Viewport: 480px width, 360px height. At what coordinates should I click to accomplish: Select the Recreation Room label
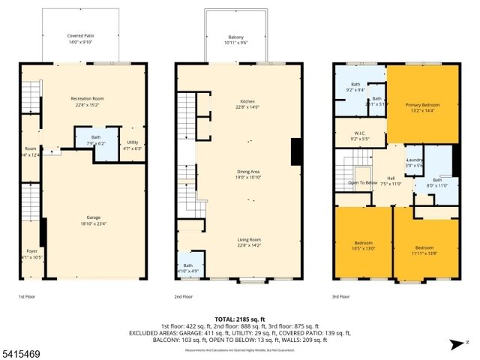point(86,98)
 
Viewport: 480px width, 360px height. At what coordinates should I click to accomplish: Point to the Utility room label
point(132,141)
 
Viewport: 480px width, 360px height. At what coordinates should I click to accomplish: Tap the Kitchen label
point(247,101)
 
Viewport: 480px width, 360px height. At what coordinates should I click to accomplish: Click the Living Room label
point(247,240)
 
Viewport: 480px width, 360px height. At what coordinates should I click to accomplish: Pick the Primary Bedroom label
point(422,104)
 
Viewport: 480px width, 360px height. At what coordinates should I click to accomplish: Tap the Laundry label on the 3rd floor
point(415,160)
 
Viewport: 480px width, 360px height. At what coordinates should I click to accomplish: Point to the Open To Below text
point(362,182)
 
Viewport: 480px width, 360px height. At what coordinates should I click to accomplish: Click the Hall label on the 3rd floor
point(391,178)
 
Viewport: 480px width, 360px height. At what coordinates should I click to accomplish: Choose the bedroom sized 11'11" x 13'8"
point(424,247)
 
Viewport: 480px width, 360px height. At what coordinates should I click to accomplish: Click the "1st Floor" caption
point(28,296)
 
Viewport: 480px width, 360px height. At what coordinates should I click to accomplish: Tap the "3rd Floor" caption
point(341,296)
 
